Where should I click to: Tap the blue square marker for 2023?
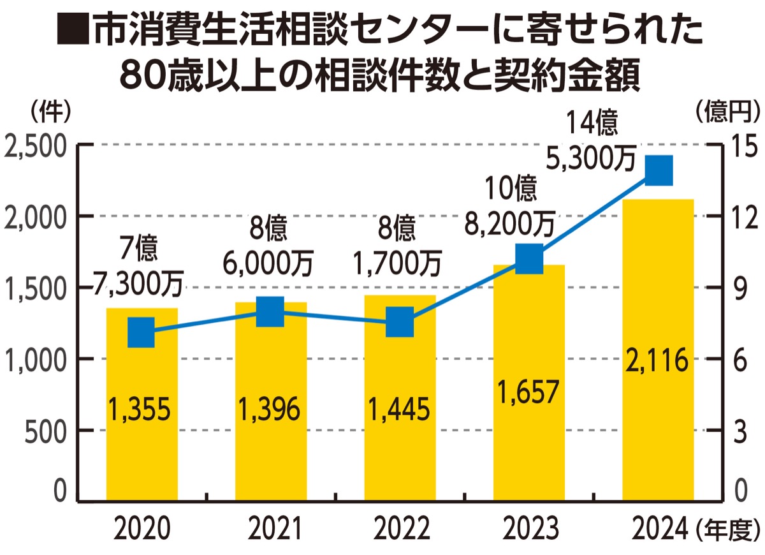529,260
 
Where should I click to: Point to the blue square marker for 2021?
270,311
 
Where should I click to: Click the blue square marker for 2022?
400,321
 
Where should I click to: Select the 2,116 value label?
658,362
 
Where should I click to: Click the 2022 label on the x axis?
400,528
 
